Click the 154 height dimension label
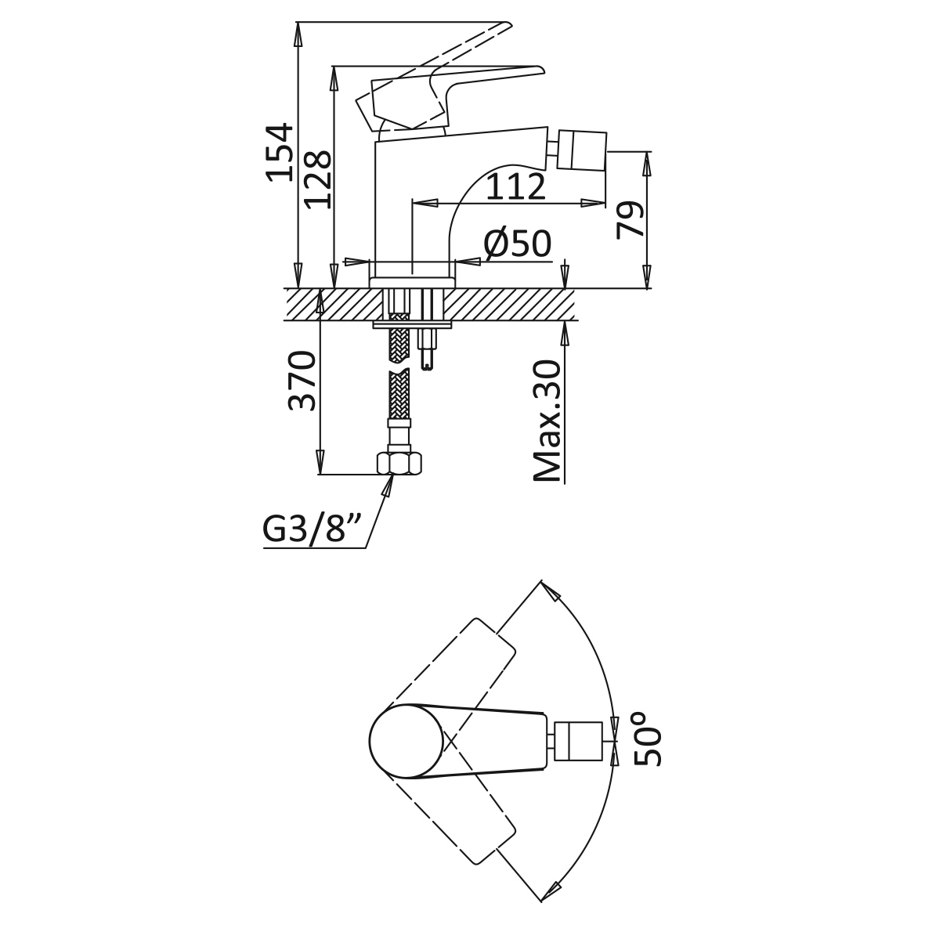tap(279, 152)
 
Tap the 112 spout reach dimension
tap(516, 187)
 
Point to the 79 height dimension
tap(629, 219)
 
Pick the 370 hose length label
tap(302, 381)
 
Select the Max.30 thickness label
tap(546, 421)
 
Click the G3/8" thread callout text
tap(312, 529)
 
